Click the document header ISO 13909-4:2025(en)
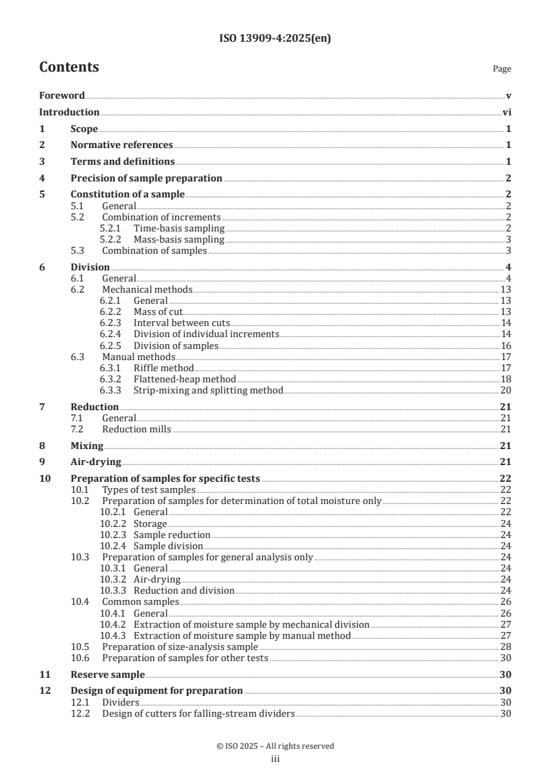(275, 39)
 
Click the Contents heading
(69, 67)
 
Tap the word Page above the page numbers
(502, 69)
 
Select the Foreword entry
(62, 95)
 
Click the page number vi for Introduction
(507, 112)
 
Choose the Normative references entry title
(122, 145)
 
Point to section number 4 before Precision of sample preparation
(42, 178)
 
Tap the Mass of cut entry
(158, 311)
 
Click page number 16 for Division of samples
(506, 346)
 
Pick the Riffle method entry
(163, 368)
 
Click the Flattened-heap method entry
(185, 379)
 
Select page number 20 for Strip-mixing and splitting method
(506, 390)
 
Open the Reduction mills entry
(135, 429)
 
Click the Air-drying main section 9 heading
(96, 462)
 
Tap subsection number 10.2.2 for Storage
(112, 523)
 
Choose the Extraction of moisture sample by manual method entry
(242, 635)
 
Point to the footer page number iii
(275, 759)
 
